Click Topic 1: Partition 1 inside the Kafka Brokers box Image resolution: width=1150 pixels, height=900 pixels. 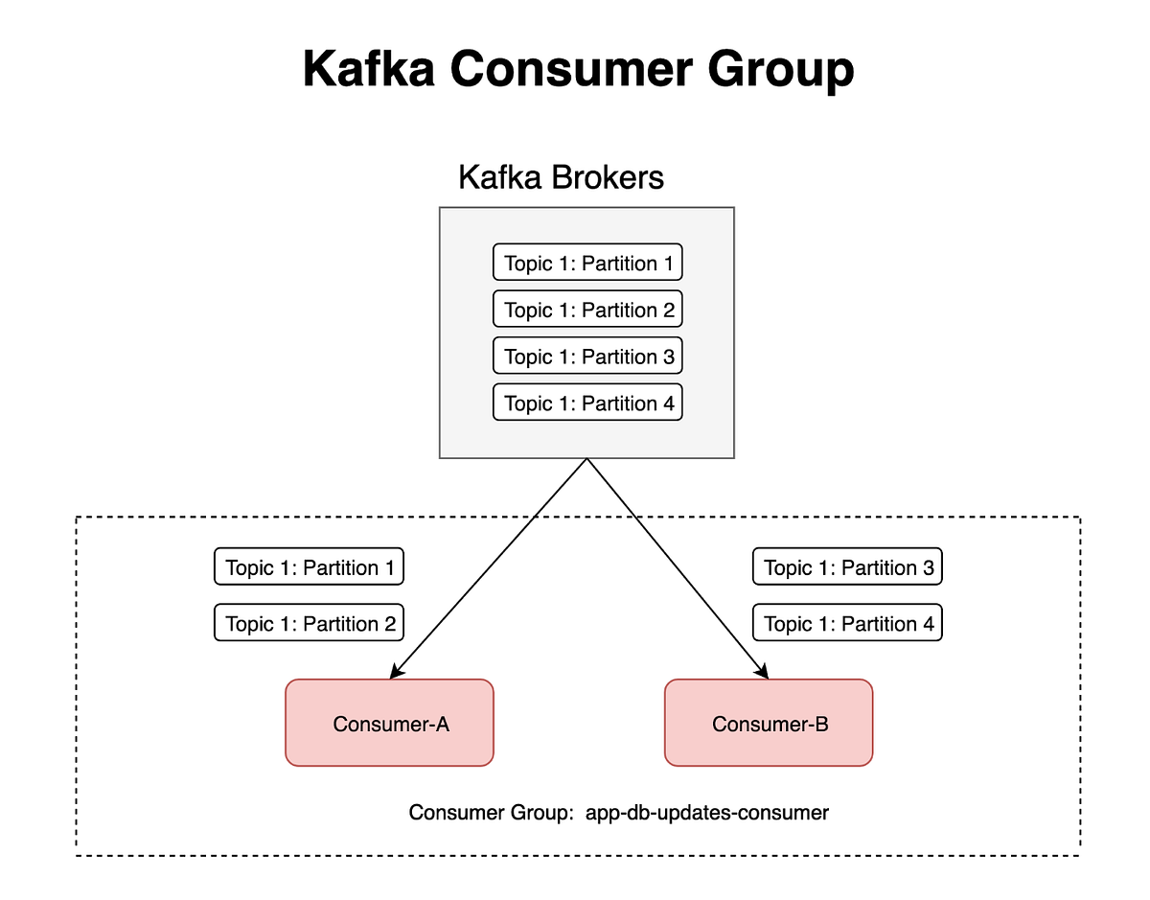tap(587, 263)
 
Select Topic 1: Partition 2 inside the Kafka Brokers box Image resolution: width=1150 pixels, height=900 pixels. tap(587, 310)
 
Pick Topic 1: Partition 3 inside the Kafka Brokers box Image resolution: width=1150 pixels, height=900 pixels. tap(587, 357)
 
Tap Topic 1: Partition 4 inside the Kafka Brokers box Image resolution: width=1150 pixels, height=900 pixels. tap(587, 403)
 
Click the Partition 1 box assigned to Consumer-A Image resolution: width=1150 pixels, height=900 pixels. tap(309, 567)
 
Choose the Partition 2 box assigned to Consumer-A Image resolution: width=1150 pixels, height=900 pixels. tap(309, 624)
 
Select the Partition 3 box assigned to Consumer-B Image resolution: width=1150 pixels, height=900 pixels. tap(847, 567)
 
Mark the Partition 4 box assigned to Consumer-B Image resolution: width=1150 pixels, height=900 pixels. tap(847, 624)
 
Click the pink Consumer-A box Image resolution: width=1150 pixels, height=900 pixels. tap(389, 724)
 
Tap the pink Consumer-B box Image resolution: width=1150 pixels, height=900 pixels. tap(769, 724)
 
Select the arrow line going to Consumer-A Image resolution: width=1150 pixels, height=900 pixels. tap(489, 569)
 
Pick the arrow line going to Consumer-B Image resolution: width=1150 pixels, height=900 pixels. tap(678, 569)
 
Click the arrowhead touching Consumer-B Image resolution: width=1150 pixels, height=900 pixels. tap(764, 672)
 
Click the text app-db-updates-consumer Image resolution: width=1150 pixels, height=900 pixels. tap(706, 813)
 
